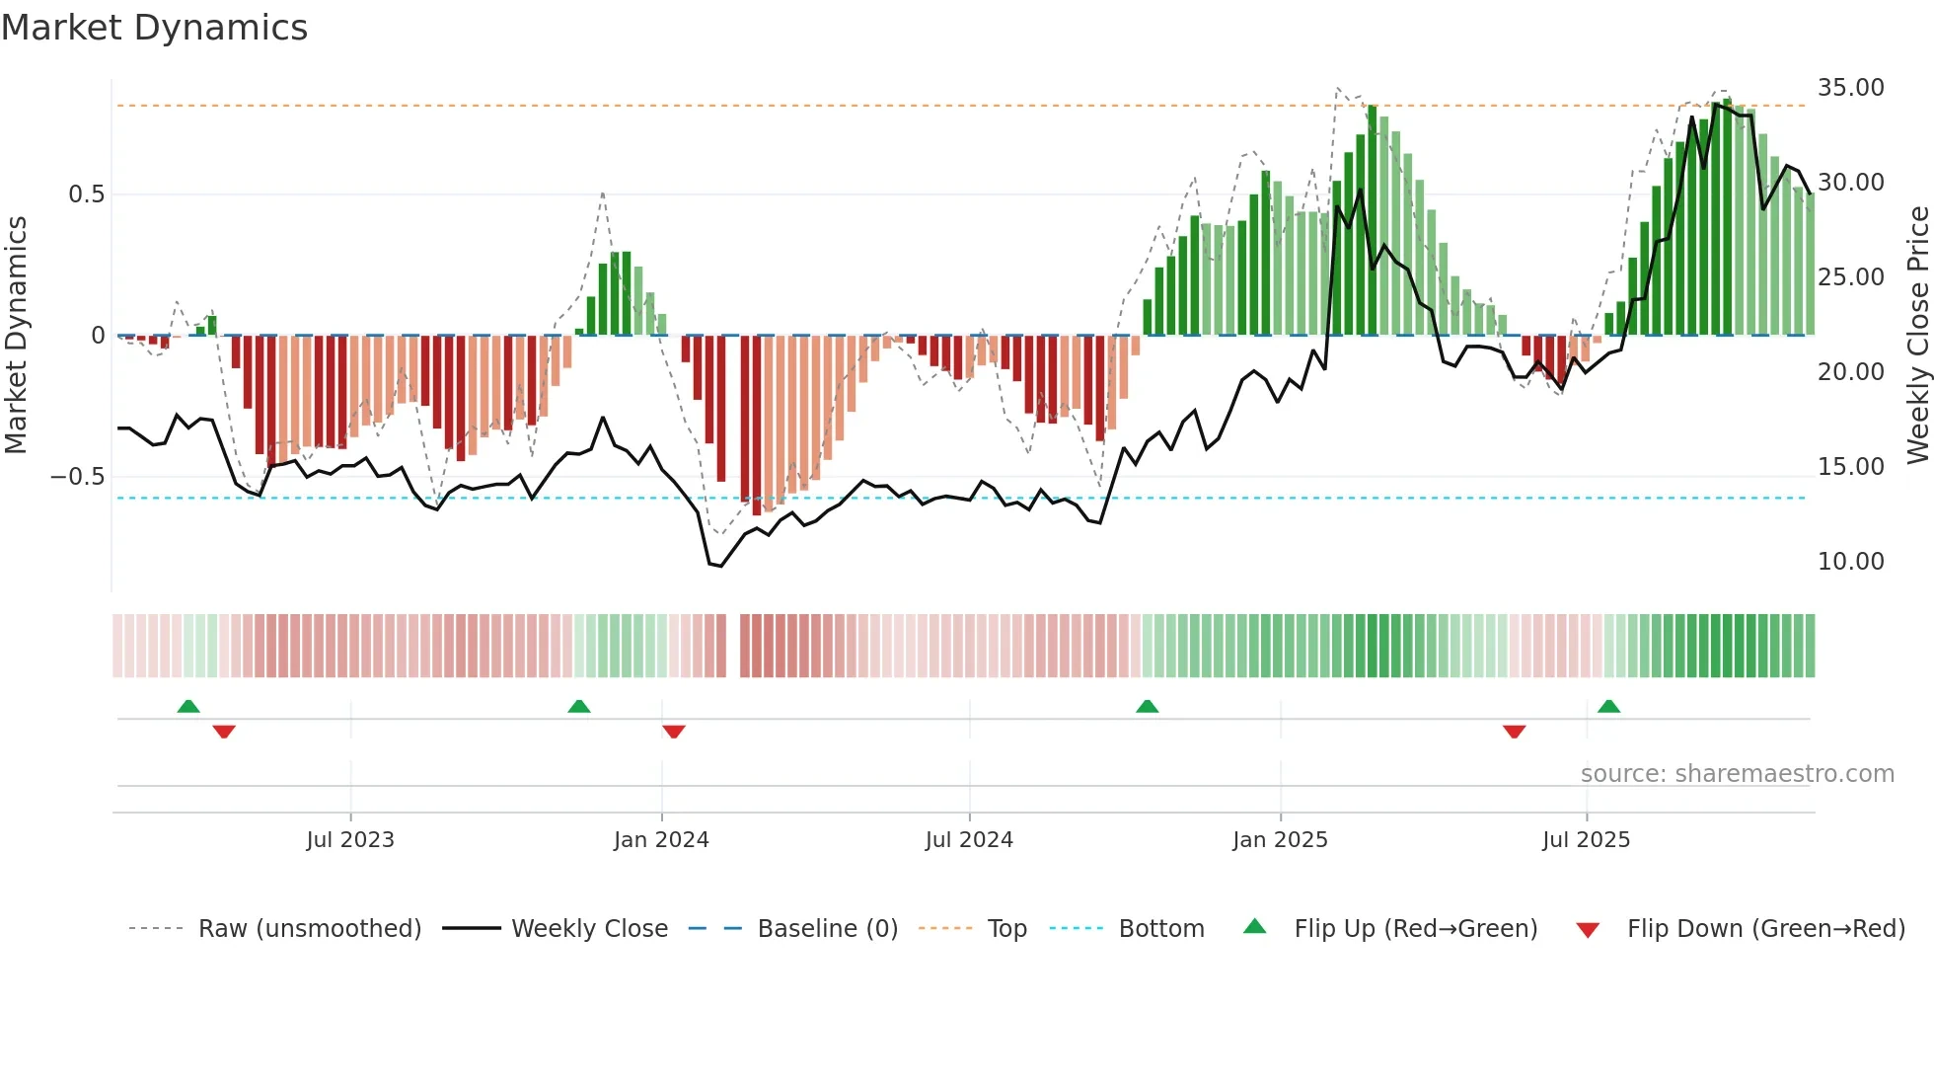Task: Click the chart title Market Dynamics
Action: pos(154,28)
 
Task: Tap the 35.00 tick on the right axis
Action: pos(1850,88)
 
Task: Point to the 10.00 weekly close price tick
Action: pos(1850,562)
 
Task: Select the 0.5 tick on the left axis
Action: pos(86,194)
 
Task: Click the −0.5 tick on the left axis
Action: pos(78,477)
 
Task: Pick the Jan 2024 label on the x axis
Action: pos(661,840)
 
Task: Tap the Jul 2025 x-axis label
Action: pos(1586,840)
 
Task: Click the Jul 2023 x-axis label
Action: pos(350,840)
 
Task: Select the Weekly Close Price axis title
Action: pos(1917,336)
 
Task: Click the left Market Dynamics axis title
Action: pos(16,336)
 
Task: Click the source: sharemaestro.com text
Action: pos(1737,774)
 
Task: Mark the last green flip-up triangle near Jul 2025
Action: pos(1608,706)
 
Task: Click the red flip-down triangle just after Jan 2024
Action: pos(674,732)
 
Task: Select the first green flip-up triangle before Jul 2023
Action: pos(188,706)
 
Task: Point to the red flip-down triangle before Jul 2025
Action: pos(1514,732)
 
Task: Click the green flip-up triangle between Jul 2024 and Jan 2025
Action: pos(1147,706)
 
